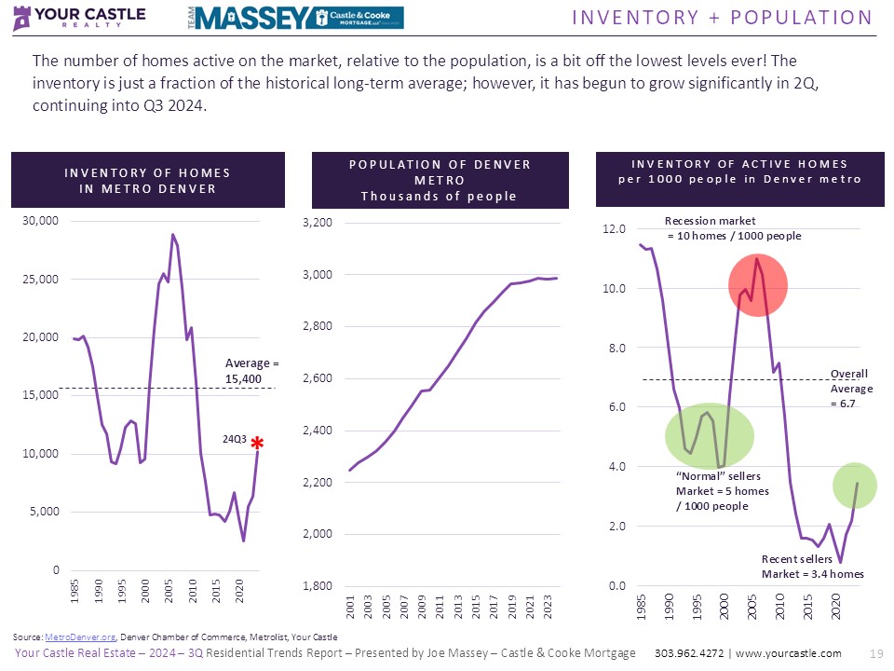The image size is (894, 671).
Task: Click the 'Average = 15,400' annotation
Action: click(x=252, y=371)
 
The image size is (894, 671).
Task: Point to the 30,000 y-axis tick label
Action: click(x=41, y=221)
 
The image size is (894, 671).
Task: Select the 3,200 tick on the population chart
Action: click(x=318, y=223)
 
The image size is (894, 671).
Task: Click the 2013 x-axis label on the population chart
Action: click(x=457, y=608)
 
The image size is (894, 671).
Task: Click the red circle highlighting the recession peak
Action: click(x=758, y=284)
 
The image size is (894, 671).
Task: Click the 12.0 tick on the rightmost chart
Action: click(x=615, y=229)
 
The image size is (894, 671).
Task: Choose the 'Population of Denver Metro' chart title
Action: click(x=440, y=180)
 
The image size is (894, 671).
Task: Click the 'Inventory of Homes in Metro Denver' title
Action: click(x=147, y=181)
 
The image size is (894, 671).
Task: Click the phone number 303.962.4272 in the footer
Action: click(x=692, y=653)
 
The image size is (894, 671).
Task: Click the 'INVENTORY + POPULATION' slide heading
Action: click(x=722, y=18)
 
